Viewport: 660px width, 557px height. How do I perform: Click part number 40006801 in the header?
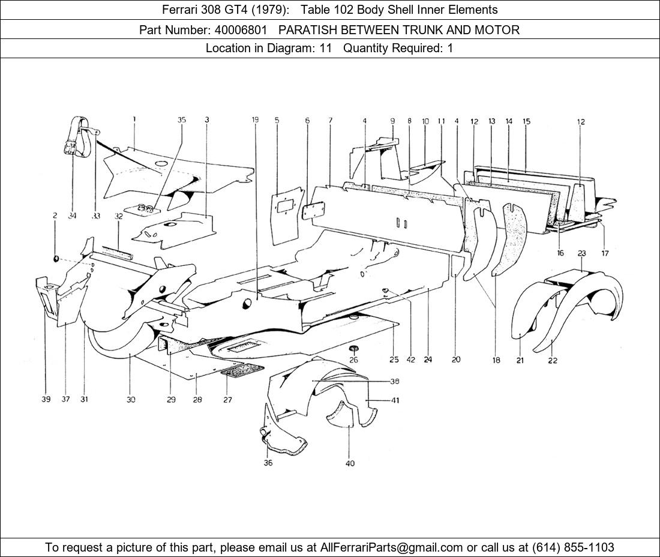click(x=242, y=29)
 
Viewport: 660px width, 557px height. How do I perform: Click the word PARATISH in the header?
click(x=306, y=29)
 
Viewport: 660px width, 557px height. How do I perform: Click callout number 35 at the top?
click(x=181, y=120)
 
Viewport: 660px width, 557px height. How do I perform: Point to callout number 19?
click(x=255, y=120)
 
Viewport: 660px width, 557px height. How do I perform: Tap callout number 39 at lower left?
click(x=46, y=399)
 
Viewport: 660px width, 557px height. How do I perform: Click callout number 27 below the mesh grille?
click(x=227, y=399)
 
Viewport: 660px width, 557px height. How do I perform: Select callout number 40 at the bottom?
click(x=350, y=463)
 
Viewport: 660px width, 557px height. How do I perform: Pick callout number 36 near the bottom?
click(x=268, y=463)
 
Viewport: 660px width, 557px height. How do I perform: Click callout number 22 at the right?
click(x=553, y=360)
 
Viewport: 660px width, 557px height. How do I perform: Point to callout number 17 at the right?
click(x=605, y=253)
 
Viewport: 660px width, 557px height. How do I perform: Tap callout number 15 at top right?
click(x=526, y=121)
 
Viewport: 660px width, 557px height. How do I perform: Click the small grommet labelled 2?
click(x=56, y=258)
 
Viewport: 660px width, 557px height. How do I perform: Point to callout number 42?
click(x=410, y=360)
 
